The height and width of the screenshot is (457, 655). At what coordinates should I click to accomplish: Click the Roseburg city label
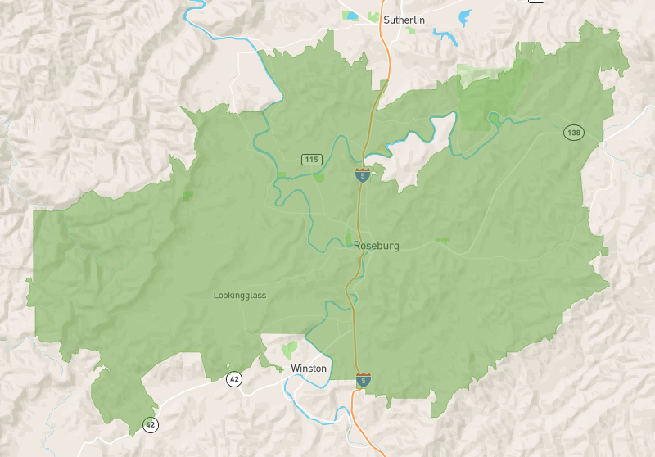[x=377, y=246]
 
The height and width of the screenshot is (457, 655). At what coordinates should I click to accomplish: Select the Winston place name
[x=309, y=369]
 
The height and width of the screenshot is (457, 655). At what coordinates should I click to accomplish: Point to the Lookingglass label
[x=240, y=296]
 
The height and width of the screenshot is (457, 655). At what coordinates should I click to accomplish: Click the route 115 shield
[x=310, y=159]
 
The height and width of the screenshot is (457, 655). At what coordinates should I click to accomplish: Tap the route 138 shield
[x=573, y=132]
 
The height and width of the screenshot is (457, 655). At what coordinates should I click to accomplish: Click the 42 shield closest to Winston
[x=235, y=378]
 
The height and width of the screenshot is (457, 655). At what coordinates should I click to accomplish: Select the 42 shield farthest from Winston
[x=150, y=424]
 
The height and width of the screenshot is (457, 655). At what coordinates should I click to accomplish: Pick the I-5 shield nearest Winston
[x=363, y=380]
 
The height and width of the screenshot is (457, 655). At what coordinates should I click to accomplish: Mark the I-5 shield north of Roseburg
[x=361, y=174]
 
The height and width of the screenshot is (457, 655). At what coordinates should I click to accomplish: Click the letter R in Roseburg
[x=358, y=246]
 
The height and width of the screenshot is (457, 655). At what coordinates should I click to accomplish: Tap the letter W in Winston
[x=295, y=369]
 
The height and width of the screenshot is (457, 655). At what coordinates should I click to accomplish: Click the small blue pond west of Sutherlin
[x=352, y=15]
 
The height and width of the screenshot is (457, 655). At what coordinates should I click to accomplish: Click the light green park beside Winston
[x=288, y=350]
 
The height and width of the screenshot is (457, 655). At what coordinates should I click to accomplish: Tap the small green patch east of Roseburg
[x=442, y=240]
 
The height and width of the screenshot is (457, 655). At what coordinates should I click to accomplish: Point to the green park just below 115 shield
[x=318, y=176]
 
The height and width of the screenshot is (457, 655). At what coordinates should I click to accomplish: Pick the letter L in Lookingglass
[x=216, y=296]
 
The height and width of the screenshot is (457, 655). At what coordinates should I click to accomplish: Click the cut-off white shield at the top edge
[x=536, y=2]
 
